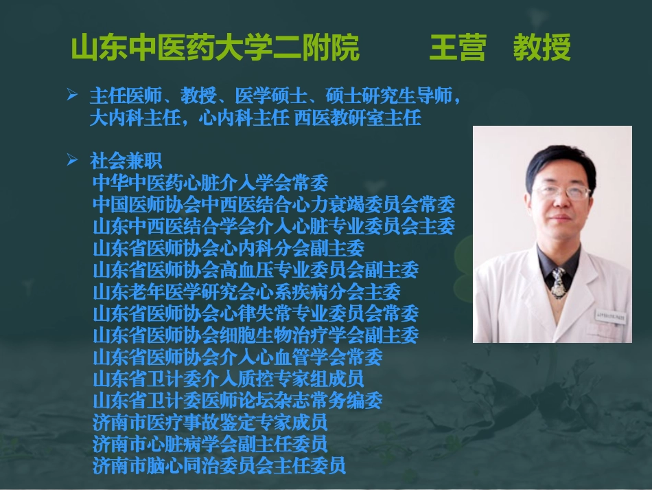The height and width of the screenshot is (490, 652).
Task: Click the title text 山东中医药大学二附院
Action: tap(216, 48)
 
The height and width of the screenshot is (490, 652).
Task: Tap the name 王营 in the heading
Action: tap(457, 48)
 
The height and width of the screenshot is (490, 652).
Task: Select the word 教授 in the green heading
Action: tap(542, 48)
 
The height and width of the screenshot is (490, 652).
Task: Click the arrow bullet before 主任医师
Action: tap(71, 95)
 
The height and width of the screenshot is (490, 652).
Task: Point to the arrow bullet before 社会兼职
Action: tap(71, 160)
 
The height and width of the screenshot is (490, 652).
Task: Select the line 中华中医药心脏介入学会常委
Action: tap(210, 183)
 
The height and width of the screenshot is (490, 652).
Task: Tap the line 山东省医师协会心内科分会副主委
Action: tap(228, 248)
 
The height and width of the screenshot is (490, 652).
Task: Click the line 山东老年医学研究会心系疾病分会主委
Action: tap(246, 291)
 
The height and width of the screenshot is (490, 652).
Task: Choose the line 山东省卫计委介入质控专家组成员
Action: tap(228, 378)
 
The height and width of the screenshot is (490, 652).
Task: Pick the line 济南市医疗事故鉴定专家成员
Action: tap(210, 421)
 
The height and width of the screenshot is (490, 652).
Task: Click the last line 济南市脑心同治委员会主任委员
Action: tap(219, 465)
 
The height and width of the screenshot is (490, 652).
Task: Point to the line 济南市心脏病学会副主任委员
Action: tap(210, 443)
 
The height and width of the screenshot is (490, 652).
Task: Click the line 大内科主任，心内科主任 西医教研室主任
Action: tap(255, 118)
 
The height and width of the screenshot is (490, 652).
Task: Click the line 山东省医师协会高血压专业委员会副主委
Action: tap(255, 269)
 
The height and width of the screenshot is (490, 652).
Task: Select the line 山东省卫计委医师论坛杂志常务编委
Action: tap(237, 400)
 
